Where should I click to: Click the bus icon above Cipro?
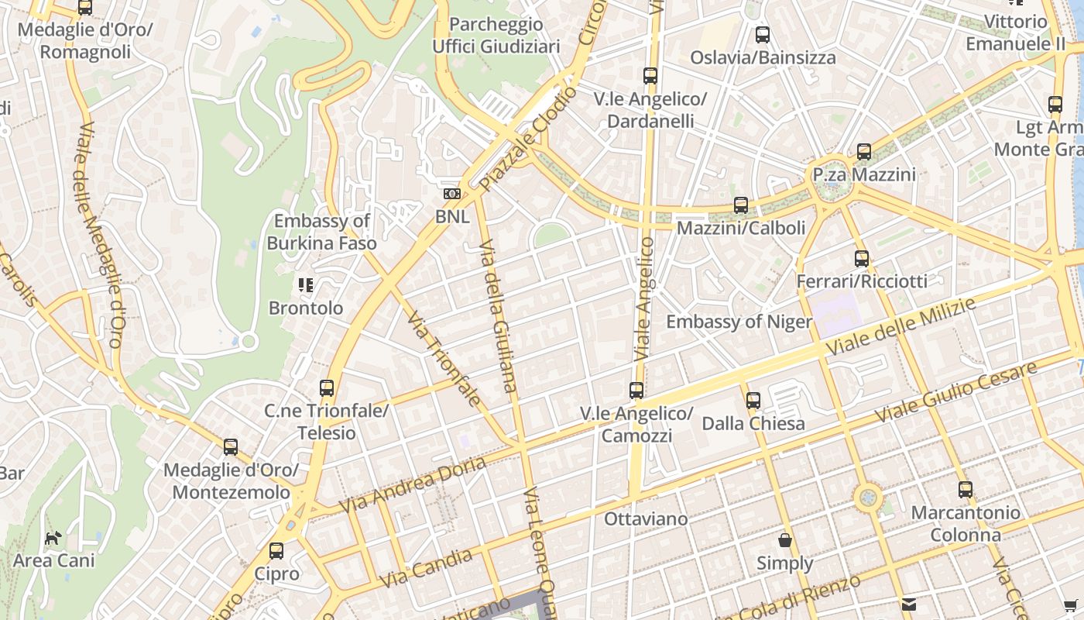(x=276, y=551)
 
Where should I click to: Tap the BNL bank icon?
(x=452, y=194)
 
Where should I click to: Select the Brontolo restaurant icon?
(x=306, y=285)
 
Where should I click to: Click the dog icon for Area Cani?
(x=53, y=538)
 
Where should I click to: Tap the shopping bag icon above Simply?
(x=785, y=540)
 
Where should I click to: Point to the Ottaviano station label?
(x=646, y=518)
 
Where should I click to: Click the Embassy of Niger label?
(x=739, y=322)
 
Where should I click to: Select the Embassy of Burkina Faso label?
(x=322, y=232)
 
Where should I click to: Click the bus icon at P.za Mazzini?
(x=864, y=152)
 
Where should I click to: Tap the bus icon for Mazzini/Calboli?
(x=741, y=205)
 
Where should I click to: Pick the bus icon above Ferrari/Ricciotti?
(x=862, y=259)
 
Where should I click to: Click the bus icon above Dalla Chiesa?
(x=753, y=401)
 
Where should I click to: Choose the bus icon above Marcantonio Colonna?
(x=965, y=490)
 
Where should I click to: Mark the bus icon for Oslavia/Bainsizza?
(x=763, y=35)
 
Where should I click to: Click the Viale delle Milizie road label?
(x=900, y=328)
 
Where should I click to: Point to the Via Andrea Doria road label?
(x=413, y=484)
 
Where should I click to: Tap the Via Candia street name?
(x=427, y=568)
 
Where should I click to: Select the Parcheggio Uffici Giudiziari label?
(x=496, y=36)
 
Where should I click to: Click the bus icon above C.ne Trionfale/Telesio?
(x=327, y=388)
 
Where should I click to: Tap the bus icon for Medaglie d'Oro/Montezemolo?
(x=231, y=447)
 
